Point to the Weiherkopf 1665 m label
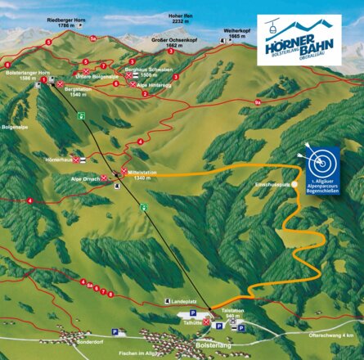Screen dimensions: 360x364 [236, 34]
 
